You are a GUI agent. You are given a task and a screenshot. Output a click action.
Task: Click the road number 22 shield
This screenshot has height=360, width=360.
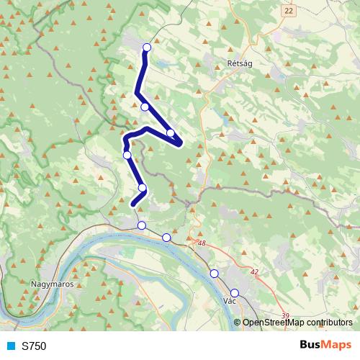(289, 11)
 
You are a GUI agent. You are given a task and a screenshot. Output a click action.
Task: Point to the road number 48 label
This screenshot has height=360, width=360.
(201, 244)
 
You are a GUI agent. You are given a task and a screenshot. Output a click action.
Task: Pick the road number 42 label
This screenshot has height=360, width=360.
(254, 272)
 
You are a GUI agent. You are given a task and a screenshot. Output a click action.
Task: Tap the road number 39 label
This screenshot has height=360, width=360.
(285, 315)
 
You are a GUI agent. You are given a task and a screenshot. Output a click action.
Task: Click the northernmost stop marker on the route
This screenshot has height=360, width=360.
(147, 48)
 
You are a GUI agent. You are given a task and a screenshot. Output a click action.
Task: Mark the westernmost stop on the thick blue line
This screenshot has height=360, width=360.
(127, 155)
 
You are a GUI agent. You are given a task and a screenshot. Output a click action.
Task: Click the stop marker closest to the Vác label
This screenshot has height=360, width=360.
(234, 293)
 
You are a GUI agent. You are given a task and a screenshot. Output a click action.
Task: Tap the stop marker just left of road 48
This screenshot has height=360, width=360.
(166, 238)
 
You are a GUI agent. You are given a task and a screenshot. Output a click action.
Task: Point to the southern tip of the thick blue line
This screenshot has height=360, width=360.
(133, 205)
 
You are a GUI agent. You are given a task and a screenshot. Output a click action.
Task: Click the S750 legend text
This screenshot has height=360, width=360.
(34, 346)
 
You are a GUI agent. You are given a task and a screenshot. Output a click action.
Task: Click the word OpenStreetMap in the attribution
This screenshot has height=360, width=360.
(273, 323)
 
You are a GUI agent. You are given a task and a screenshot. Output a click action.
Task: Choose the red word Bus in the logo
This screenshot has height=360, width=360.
(311, 345)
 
